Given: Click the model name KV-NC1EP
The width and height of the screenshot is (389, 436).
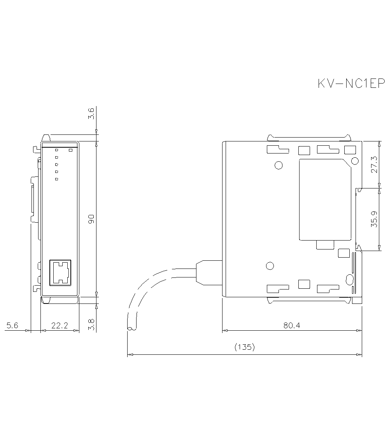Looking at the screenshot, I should pyautogui.click(x=351, y=84).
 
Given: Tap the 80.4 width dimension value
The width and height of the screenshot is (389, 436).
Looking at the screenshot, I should pyautogui.click(x=291, y=326).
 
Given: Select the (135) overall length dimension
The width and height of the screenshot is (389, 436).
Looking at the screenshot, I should pyautogui.click(x=245, y=347).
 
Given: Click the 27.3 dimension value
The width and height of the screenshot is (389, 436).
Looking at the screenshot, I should pyautogui.click(x=374, y=165).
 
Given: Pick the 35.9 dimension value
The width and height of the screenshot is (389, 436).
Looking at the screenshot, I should pyautogui.click(x=374, y=219).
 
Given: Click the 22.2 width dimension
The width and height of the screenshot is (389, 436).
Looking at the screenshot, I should pyautogui.click(x=60, y=326).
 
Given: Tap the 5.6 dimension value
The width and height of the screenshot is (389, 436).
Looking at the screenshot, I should pyautogui.click(x=12, y=326).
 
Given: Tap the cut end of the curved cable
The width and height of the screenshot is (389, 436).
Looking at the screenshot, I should pyautogui.click(x=131, y=329).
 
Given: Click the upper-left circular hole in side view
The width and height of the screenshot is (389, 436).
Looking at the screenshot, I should pyautogui.click(x=279, y=165).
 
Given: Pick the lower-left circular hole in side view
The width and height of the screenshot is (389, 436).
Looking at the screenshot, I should pyautogui.click(x=269, y=266).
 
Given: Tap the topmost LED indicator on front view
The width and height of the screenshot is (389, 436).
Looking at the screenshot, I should pyautogui.click(x=56, y=150).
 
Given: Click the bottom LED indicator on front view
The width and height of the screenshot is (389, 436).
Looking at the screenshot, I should pyautogui.click(x=56, y=179).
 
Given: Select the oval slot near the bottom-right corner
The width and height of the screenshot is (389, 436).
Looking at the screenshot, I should pyautogui.click(x=349, y=279).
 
